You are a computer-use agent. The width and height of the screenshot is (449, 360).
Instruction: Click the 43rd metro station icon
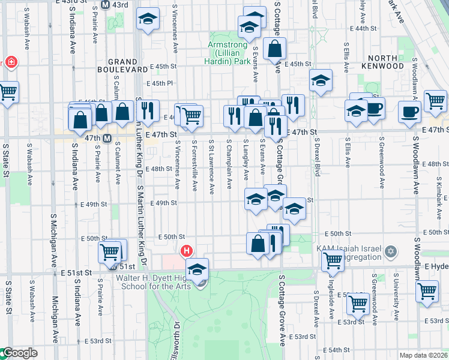click(x=105, y=4)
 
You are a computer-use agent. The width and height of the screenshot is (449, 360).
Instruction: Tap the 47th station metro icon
click(x=107, y=138)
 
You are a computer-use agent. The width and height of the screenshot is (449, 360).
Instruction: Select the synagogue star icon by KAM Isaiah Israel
click(x=391, y=250)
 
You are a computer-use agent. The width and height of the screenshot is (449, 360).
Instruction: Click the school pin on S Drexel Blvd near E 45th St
click(x=321, y=81)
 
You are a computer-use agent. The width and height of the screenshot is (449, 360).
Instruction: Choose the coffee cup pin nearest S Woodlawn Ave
click(x=409, y=112)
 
